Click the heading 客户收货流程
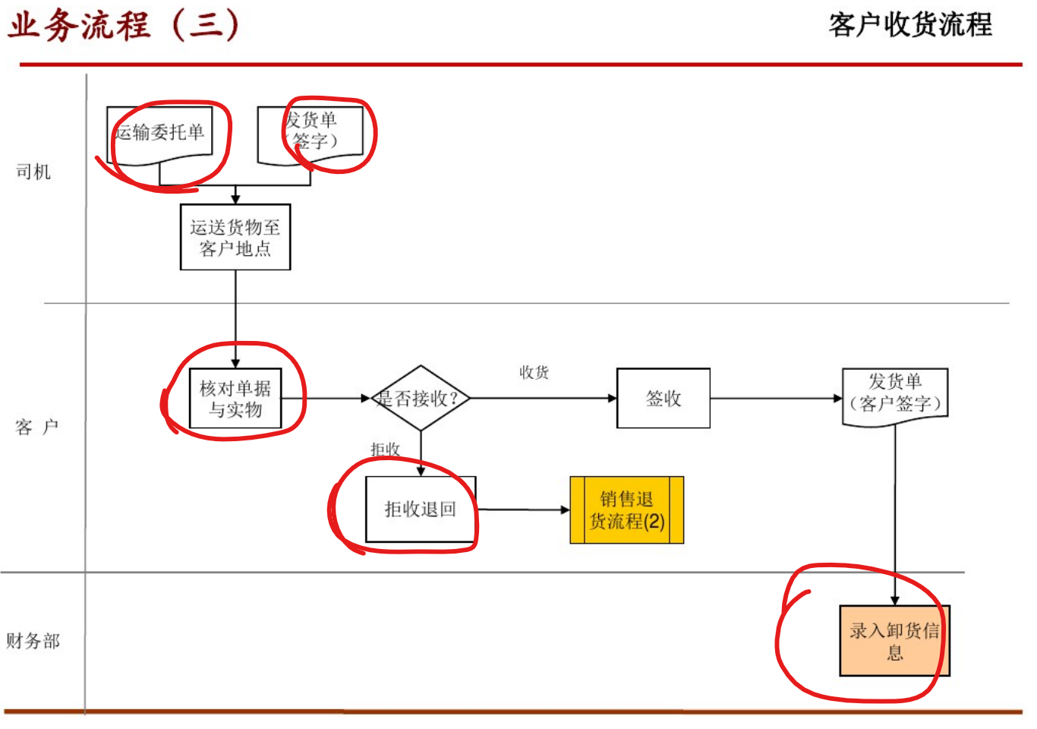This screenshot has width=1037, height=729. point(909,25)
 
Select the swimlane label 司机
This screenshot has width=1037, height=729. point(33,172)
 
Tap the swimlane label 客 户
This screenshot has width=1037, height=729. point(36,427)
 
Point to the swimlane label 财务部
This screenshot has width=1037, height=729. point(33,641)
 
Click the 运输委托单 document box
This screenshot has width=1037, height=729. point(159,134)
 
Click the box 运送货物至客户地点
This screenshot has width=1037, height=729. point(235,237)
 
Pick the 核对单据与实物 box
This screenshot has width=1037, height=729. point(235,399)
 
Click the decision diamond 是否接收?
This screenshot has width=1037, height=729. point(420,399)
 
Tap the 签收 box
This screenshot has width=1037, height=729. point(663,399)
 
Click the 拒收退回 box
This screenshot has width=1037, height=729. point(421,509)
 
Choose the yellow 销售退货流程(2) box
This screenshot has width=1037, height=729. point(627,510)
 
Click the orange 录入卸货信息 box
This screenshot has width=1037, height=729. point(894,640)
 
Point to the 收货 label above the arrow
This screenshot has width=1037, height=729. point(534,372)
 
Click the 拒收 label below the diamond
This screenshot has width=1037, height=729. point(386,449)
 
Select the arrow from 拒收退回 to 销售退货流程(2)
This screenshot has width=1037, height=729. point(523,510)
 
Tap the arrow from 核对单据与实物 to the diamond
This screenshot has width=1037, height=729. point(326,399)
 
